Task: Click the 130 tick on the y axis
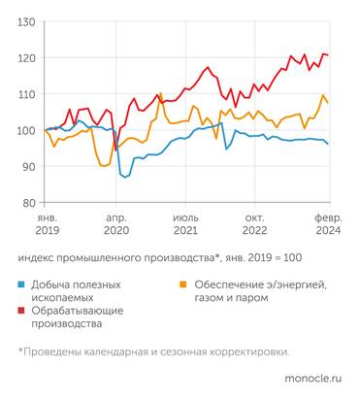click(27, 21)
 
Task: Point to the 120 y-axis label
click(27, 58)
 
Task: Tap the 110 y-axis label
click(27, 94)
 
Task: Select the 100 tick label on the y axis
click(27, 130)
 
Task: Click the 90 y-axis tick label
click(29, 166)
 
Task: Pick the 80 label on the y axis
click(29, 202)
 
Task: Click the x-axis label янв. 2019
click(48, 225)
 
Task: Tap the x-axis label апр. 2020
click(116, 225)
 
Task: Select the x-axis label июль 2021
click(185, 225)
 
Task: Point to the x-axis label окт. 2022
click(254, 225)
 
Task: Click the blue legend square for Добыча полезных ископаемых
click(22, 284)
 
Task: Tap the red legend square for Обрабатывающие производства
click(22, 311)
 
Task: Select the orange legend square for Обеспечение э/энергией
click(180, 284)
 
